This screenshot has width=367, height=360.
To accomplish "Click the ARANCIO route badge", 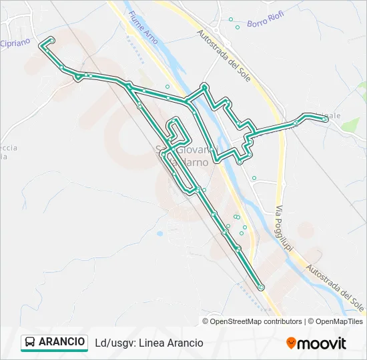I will pos(54,342).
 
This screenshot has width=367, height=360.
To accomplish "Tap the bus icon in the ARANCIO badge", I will pos(30,342).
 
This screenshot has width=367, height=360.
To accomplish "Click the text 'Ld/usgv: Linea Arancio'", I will pos(149,343).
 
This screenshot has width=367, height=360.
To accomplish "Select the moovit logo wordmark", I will pos(322,343).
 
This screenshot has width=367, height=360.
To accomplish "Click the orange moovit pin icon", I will pos(291,343).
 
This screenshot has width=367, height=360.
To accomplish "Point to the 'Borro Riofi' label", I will pos(266,22).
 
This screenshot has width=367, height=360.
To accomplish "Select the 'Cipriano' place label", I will pos(14,43).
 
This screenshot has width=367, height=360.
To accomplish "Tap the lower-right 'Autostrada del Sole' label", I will pos(336,287).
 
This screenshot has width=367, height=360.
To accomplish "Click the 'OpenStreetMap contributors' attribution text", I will pos(256,321).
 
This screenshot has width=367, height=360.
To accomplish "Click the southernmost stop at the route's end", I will pos(261,287).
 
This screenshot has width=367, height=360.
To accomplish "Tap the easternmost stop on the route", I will pos(324,119).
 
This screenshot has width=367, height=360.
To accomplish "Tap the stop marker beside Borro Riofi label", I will pos(238,27).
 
